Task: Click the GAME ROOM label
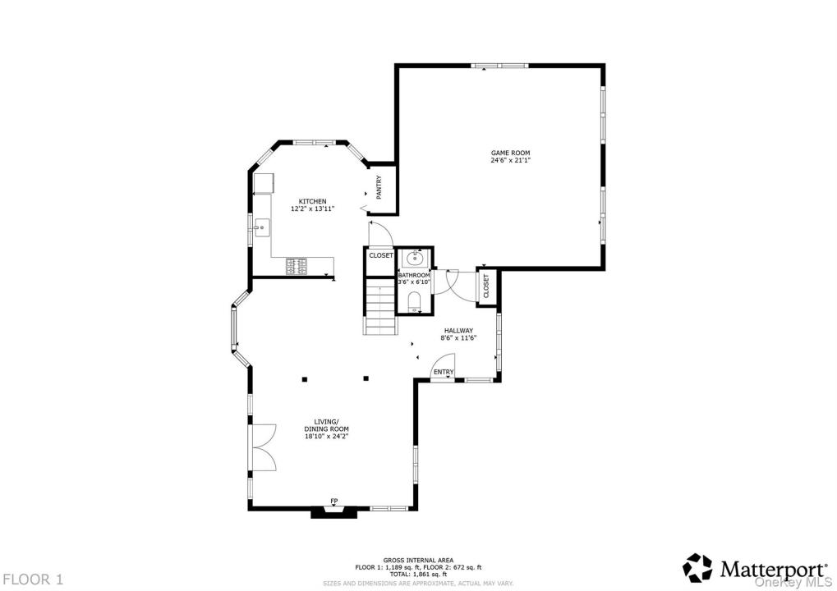coord(510,153)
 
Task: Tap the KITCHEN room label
coord(312,201)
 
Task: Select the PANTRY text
coord(379,187)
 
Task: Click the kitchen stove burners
coord(297,266)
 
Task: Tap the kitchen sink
coord(262,226)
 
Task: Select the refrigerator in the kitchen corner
coord(264,183)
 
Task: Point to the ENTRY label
coord(444,373)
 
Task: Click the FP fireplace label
coord(334,501)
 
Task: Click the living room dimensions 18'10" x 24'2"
coord(326,437)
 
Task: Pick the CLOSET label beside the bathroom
coord(380,255)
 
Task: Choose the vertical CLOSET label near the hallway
coord(486,287)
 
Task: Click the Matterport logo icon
coord(698,567)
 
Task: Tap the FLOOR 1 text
coord(32,579)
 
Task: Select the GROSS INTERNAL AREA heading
coord(418,560)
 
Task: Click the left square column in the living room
coord(304,378)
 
